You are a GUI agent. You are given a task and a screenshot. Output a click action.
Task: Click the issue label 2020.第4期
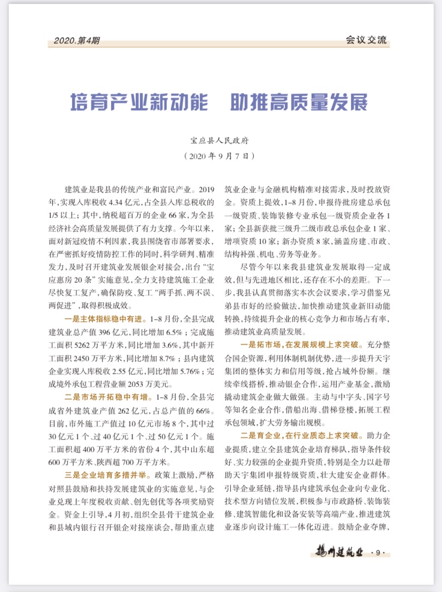[76, 41]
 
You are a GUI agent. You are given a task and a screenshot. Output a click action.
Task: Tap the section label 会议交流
[366, 41]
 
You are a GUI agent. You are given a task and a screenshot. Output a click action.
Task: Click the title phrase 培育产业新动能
[139, 102]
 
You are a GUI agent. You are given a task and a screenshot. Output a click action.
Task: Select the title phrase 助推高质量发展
[299, 102]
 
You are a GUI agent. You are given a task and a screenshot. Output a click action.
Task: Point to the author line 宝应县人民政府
[221, 142]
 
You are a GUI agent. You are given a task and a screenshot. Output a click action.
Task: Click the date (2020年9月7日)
[221, 157]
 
